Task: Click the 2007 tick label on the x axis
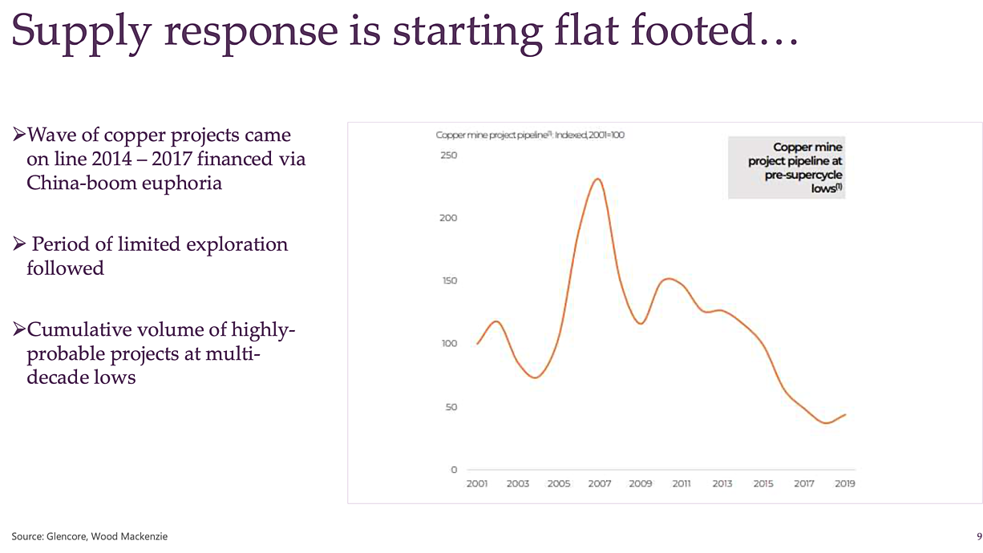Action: point(600,483)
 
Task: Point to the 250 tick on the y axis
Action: point(448,155)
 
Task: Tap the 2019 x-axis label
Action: point(845,483)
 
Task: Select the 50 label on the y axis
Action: point(451,407)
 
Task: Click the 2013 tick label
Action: point(722,483)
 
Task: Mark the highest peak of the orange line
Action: point(597,179)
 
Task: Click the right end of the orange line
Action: point(845,414)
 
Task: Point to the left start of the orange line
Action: point(477,343)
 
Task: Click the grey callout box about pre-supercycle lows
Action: point(787,168)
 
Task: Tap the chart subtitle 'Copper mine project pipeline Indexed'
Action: point(530,135)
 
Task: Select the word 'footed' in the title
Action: point(693,30)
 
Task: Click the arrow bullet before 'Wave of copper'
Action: point(19,134)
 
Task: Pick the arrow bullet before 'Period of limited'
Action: point(19,244)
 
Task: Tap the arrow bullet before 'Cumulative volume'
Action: point(19,329)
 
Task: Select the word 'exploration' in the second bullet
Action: point(237,245)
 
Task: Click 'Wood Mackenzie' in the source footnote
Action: point(129,536)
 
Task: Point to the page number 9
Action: point(979,536)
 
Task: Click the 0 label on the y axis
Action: point(454,470)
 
